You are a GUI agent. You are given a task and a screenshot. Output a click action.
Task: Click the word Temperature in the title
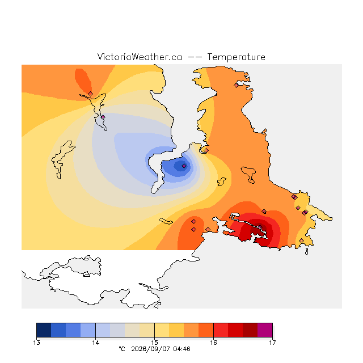pyautogui.click(x=236, y=57)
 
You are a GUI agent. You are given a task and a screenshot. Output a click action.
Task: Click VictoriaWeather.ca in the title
pyautogui.click(x=140, y=57)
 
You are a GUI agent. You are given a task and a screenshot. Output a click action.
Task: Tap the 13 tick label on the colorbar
pyautogui.click(x=36, y=343)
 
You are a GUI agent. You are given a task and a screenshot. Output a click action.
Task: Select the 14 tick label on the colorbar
pyautogui.click(x=95, y=343)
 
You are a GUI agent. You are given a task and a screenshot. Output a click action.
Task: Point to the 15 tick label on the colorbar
pyautogui.click(x=154, y=343)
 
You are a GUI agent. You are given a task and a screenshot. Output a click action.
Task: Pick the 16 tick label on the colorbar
pyautogui.click(x=213, y=343)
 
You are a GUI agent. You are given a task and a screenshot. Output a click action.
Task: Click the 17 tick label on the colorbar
pyautogui.click(x=272, y=343)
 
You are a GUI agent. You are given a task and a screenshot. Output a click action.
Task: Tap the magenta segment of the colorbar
pyautogui.click(x=265, y=330)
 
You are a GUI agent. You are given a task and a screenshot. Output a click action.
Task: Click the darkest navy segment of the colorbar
pyautogui.click(x=44, y=330)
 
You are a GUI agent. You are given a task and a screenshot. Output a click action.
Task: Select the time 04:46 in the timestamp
pyautogui.click(x=181, y=349)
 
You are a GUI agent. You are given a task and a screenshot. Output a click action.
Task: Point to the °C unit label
pyautogui.click(x=122, y=349)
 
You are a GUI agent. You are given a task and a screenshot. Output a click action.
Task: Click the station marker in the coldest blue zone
pyautogui.click(x=184, y=166)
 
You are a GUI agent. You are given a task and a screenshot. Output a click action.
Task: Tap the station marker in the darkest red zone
pyautogui.click(x=260, y=227)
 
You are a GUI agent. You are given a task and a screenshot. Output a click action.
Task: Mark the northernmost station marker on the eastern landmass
pyautogui.click(x=236, y=86)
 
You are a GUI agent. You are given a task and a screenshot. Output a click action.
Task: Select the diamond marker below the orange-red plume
pyautogui.click(x=91, y=94)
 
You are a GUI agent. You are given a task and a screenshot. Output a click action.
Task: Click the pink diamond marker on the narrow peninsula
pyautogui.click(x=103, y=117)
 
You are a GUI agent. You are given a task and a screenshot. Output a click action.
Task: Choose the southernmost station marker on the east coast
pyautogui.click(x=301, y=240)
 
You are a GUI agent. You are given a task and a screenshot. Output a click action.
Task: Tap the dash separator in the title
pyautogui.click(x=195, y=57)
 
